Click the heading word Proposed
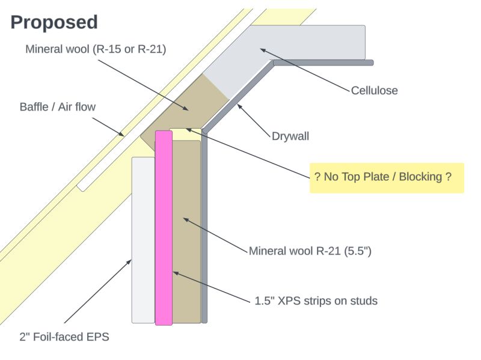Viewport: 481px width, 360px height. [54, 22]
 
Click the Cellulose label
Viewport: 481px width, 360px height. [374, 91]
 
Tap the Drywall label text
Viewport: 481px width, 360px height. [290, 136]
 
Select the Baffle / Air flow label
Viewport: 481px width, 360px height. [58, 107]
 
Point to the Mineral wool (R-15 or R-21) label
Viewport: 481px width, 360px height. [96, 49]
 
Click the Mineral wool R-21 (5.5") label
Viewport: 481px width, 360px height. [310, 251]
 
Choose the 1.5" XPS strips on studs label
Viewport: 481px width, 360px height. [316, 301]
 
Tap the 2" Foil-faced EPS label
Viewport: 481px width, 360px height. [64, 337]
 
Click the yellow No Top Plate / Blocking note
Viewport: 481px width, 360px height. [386, 177]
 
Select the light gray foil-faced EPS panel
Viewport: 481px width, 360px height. [143, 240]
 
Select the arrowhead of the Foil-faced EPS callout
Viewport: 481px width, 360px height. [130, 260]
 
